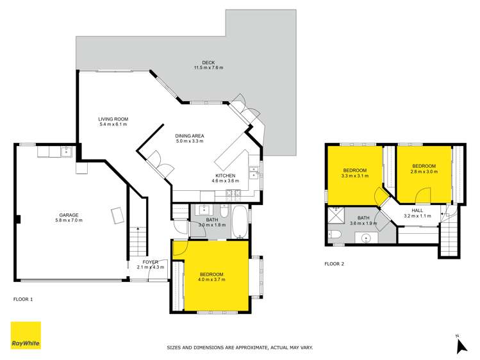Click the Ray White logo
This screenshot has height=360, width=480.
[26, 336]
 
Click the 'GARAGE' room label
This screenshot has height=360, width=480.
[69, 215]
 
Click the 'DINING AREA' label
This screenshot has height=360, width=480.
[189, 136]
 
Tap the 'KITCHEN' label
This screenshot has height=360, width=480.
[225, 176]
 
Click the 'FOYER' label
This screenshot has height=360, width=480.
[150, 262]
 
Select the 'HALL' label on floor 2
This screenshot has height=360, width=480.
[417, 210]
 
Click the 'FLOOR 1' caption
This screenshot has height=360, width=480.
[23, 299]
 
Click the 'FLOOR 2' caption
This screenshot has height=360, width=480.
[335, 263]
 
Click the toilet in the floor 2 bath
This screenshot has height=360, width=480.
[336, 234]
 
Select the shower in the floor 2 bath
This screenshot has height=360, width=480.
[336, 215]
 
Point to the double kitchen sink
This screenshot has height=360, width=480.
[254, 172]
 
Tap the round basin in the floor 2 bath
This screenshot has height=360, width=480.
[365, 238]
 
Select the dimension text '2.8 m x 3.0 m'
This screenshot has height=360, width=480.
[423, 172]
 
